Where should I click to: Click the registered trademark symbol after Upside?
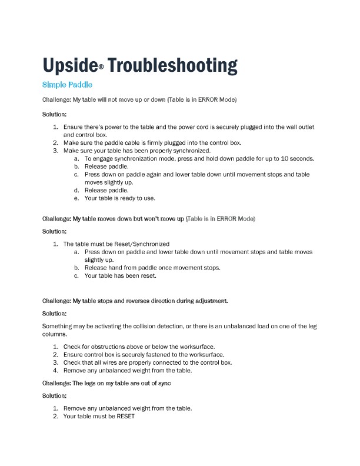point(101,68)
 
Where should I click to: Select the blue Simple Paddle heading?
point(68,85)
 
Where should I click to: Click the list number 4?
point(56,371)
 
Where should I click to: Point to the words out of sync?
point(156,383)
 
